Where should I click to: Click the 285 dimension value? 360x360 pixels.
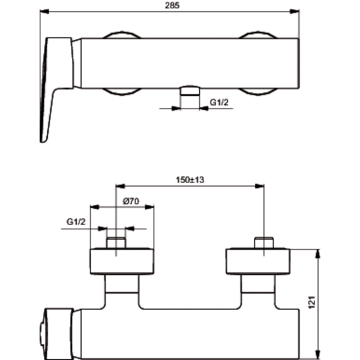pyautogui.click(x=172, y=5)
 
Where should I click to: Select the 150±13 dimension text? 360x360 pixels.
pyautogui.click(x=190, y=180)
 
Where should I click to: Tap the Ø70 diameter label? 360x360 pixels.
pyautogui.click(x=131, y=202)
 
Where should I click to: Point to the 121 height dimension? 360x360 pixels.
pyautogui.click(x=312, y=302)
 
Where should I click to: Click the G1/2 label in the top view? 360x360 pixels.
pyautogui.click(x=219, y=102)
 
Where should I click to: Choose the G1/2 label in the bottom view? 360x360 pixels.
pyautogui.click(x=76, y=222)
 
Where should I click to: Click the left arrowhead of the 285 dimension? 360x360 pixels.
pyautogui.click(x=44, y=11)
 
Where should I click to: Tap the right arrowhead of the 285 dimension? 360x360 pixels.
pyautogui.click(x=295, y=11)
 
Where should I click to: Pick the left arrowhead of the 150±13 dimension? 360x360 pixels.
pyautogui.click(x=120, y=186)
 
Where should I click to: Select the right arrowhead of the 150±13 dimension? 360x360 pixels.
pyautogui.click(x=259, y=186)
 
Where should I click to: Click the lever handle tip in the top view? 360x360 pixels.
pyautogui.click(x=43, y=140)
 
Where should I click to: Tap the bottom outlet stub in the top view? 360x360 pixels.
pyautogui.click(x=190, y=91)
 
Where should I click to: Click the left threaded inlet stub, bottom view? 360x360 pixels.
pyautogui.click(x=116, y=243)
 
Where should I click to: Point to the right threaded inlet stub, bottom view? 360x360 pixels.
pyautogui.click(x=264, y=243)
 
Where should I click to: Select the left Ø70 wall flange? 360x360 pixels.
pyautogui.click(x=122, y=261)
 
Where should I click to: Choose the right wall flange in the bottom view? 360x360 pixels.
pyautogui.click(x=258, y=261)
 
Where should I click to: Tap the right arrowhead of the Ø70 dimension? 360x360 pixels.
pyautogui.click(x=149, y=207)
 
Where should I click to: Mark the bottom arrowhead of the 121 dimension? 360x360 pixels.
pyautogui.click(x=318, y=354)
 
